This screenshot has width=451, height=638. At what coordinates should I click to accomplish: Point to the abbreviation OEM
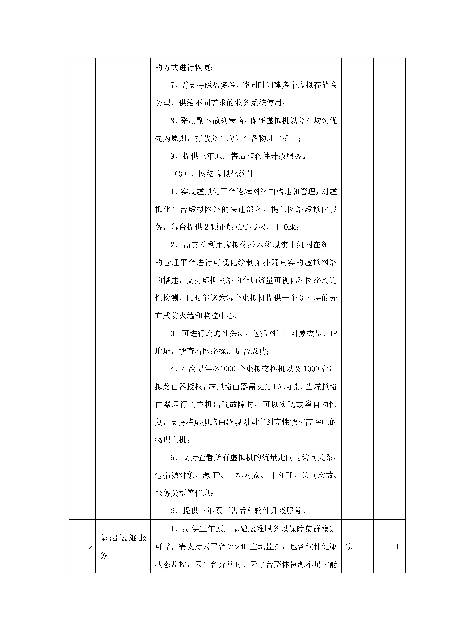[290, 227]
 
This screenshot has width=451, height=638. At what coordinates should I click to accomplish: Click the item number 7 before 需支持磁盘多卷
[173, 85]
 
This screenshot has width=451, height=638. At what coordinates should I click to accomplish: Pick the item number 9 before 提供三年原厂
[173, 156]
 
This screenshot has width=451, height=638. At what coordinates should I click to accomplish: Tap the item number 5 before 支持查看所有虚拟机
[173, 458]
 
